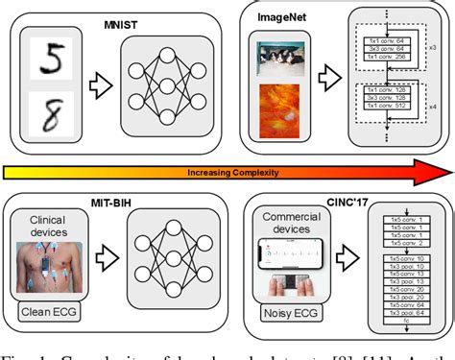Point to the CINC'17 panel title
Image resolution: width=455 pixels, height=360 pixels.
[x=285, y=198]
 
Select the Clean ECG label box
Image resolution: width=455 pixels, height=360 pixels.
[x=53, y=309]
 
